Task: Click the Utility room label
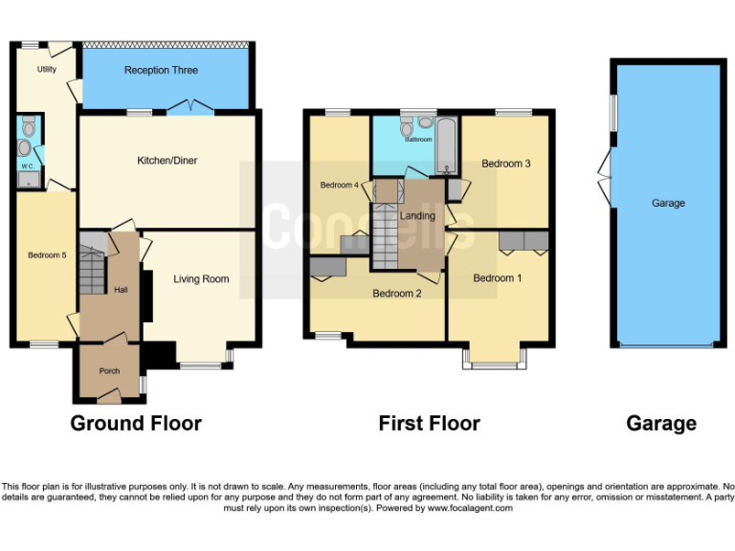[47, 69]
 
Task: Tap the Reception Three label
[161, 71]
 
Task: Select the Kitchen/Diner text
[167, 161]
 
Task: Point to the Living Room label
[201, 279]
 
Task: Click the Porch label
[102, 371]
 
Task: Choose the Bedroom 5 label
[47, 255]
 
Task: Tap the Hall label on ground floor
[122, 289]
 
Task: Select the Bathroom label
[418, 140]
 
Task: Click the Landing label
[417, 216]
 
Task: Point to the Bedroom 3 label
[506, 164]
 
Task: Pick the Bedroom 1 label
[498, 278]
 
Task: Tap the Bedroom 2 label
[397, 294]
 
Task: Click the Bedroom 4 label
[338, 185]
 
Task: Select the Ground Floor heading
[136, 423]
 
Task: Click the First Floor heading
[429, 423]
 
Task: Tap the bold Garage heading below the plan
[661, 423]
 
